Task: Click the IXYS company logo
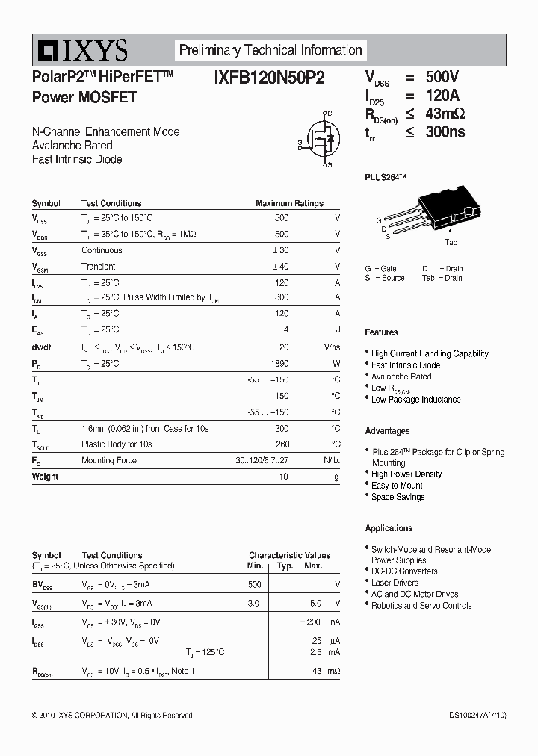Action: coord(80,51)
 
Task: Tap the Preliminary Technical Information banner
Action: coord(270,50)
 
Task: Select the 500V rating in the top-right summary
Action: coord(442,77)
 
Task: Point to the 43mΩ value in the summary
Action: coord(445,114)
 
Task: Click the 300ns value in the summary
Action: coord(445,131)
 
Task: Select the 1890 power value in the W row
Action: coord(277,364)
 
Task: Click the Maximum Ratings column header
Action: coord(289,203)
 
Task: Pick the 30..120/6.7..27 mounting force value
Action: coord(262,461)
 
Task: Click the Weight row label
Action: coord(45,477)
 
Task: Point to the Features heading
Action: coord(381,332)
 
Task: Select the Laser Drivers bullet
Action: coord(395,583)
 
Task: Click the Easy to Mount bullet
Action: coord(397,486)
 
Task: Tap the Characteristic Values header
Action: coord(289,555)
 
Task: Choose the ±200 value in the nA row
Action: coord(310,622)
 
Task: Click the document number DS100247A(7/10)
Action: coord(477,716)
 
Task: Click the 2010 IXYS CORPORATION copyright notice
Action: coord(112,716)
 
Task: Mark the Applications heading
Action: coord(389,528)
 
